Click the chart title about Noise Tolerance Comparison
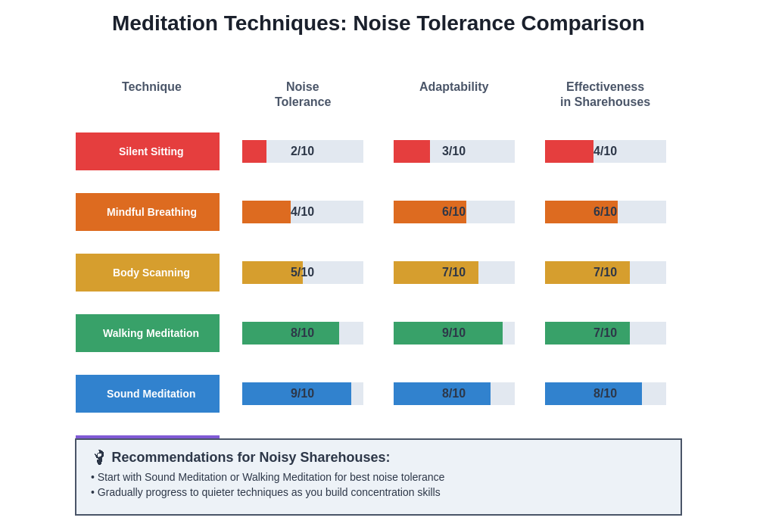(378, 23)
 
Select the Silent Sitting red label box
(148, 151)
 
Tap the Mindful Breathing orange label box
(148, 212)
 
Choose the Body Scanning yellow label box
(148, 273)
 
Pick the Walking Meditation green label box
(148, 333)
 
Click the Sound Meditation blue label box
(148, 394)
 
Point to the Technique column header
(151, 87)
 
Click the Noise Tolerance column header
(303, 95)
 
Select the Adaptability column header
(454, 87)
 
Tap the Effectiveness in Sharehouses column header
(605, 95)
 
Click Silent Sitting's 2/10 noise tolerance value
(302, 151)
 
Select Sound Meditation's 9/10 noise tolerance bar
(297, 394)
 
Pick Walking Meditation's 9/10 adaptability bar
(448, 333)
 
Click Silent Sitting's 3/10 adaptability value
(453, 151)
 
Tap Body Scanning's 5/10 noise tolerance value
(302, 273)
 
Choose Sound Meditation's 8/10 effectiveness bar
(593, 394)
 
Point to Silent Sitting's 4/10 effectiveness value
(605, 151)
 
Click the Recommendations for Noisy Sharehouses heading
(251, 457)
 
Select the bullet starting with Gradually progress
(266, 492)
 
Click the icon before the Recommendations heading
(99, 457)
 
